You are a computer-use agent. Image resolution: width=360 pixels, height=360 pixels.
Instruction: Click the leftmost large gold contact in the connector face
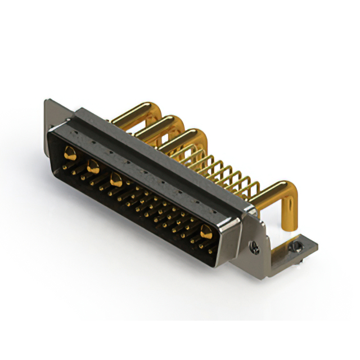point(70,151)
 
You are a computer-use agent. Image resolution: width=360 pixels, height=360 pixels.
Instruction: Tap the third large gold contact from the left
point(116,180)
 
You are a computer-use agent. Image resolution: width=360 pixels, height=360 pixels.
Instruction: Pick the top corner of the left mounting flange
point(47,102)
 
